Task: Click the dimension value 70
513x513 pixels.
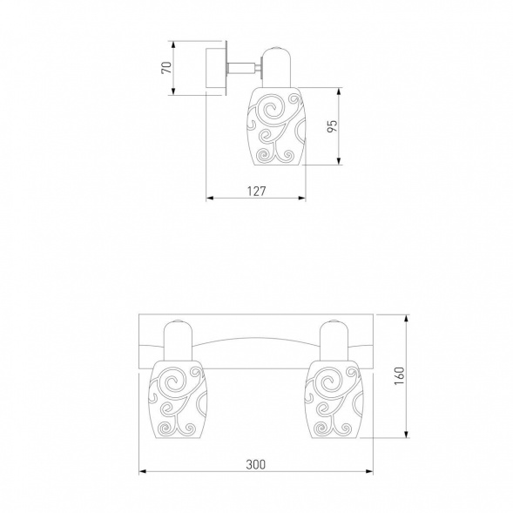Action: [167, 68]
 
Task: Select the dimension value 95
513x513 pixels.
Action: [332, 126]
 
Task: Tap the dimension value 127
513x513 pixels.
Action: [256, 191]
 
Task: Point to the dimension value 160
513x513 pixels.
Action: [400, 375]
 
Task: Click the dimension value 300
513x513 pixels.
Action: [256, 464]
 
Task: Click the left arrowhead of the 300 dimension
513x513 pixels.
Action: [142, 471]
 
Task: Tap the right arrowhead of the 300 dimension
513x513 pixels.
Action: [369, 471]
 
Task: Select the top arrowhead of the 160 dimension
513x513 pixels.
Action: [407, 318]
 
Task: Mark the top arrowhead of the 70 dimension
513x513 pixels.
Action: [173, 44]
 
